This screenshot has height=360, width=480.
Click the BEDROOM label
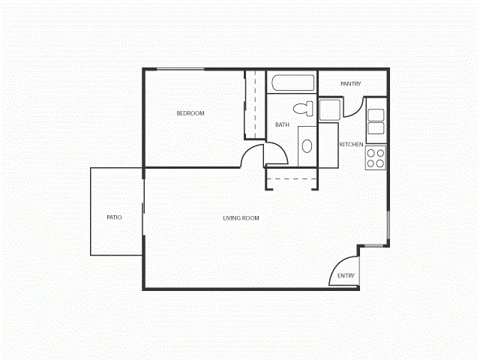(x=190, y=113)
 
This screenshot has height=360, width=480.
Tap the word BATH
(x=282, y=125)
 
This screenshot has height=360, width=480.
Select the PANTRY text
(x=350, y=84)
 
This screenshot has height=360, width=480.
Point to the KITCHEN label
(x=352, y=144)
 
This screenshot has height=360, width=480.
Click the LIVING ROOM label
(x=241, y=218)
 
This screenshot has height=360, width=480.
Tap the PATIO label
(x=114, y=217)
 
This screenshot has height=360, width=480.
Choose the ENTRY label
(x=346, y=276)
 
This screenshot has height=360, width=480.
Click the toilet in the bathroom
(x=303, y=108)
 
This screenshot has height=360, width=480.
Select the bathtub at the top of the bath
(x=292, y=84)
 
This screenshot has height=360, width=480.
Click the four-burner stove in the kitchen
(x=376, y=157)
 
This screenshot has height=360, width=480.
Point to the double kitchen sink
(x=376, y=121)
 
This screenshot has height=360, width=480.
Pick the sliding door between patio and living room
(x=143, y=211)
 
